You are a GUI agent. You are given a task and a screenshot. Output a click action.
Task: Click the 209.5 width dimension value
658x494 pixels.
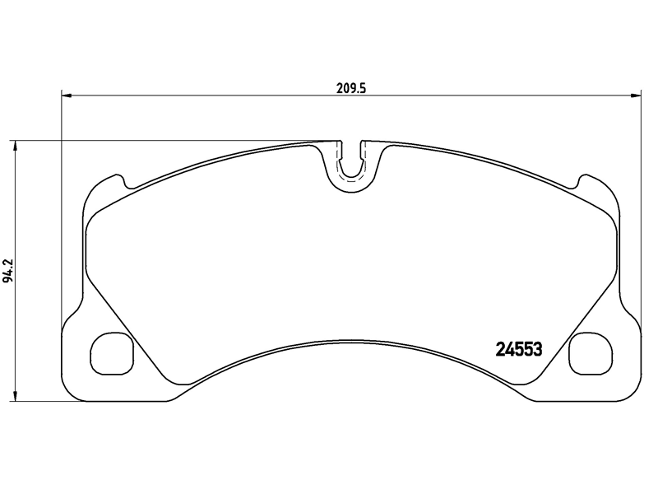click(x=351, y=89)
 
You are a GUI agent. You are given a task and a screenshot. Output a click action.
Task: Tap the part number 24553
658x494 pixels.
click(x=519, y=348)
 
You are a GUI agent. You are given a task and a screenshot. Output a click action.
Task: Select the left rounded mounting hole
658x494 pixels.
click(x=112, y=353)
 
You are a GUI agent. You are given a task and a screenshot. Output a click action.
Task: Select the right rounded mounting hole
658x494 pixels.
click(x=591, y=353)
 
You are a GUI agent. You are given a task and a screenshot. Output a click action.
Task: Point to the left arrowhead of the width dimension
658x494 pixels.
click(x=67, y=96)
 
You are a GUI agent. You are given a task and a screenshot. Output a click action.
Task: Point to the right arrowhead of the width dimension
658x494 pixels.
click(x=636, y=96)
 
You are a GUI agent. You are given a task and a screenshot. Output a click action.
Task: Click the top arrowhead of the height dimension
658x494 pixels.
click(x=15, y=147)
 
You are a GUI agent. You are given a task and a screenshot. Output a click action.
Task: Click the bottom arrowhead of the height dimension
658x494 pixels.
click(x=15, y=395)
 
